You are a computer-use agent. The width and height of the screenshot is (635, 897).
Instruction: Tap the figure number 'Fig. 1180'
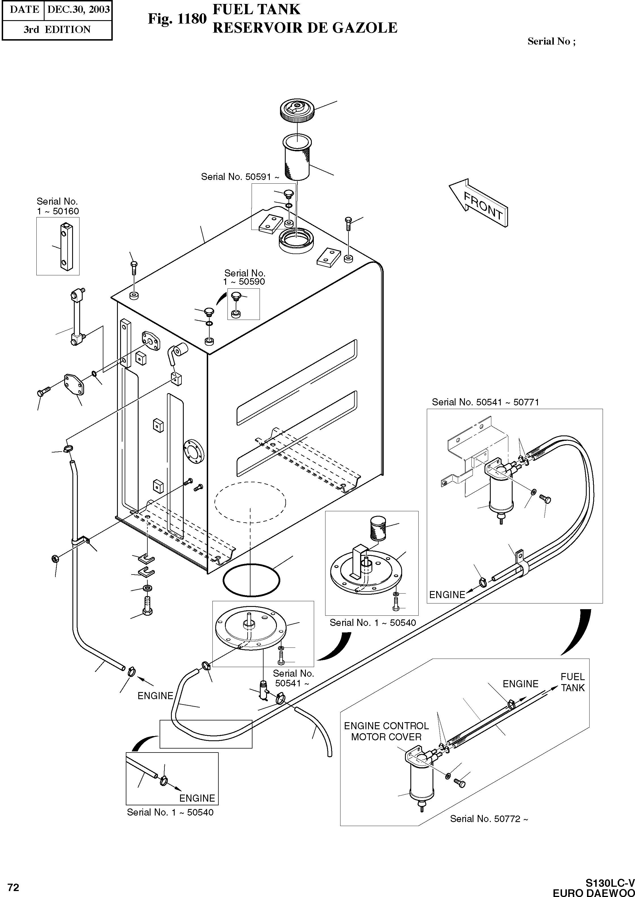pos(177,19)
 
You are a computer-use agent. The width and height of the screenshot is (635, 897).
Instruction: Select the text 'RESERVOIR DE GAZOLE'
pos(305,28)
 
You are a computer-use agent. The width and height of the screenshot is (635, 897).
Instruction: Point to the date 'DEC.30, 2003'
pos(78,9)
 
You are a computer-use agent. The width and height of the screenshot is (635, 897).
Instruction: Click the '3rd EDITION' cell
pos(57,30)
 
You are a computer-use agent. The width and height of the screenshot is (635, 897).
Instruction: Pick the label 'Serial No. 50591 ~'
pos(240,177)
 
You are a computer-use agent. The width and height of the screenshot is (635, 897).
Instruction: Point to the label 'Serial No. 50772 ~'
pos(489,819)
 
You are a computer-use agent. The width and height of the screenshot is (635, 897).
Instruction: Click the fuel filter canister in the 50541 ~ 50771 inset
pos(500,496)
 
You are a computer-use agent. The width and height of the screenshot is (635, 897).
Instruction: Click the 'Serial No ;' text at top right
pos(551,41)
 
